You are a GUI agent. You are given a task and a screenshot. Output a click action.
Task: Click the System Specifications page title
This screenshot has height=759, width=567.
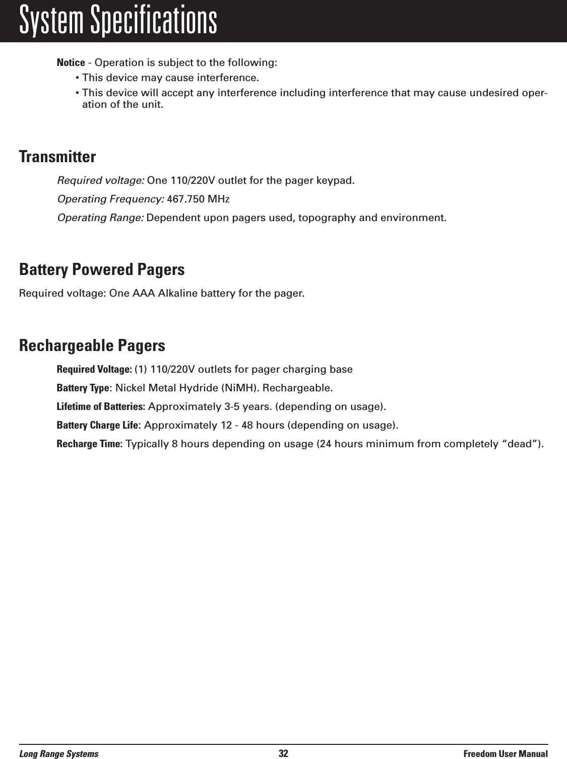pyautogui.click(x=118, y=21)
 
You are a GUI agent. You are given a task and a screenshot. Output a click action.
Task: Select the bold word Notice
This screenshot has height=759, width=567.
pyautogui.click(x=71, y=63)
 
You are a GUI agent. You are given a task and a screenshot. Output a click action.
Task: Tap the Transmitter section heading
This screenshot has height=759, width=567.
pyautogui.click(x=57, y=157)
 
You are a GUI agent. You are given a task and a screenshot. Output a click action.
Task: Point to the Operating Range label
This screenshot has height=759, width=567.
pyautogui.click(x=101, y=218)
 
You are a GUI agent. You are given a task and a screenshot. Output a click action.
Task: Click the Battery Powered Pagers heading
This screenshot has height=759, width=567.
pyautogui.click(x=102, y=269)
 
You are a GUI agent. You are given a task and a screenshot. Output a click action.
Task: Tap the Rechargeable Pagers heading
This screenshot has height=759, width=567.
pyautogui.click(x=92, y=346)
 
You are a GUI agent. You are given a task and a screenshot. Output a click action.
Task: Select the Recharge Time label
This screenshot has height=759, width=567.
pyautogui.click(x=89, y=444)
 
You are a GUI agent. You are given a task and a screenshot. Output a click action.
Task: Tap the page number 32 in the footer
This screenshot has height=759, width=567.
pyautogui.click(x=283, y=753)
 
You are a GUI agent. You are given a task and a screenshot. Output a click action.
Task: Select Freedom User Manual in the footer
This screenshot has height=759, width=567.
pyautogui.click(x=506, y=753)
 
